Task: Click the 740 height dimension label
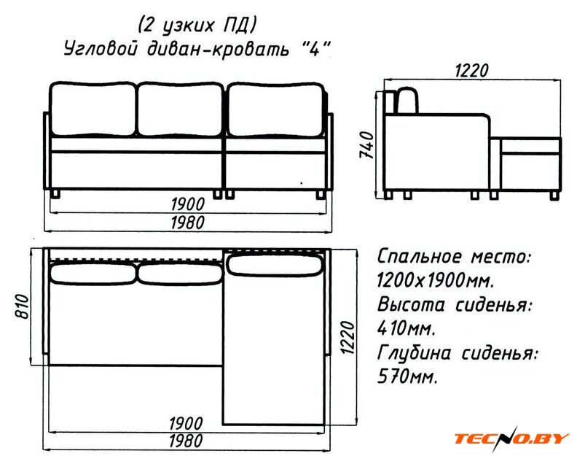(x=368, y=145)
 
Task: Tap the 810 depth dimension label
(x=22, y=306)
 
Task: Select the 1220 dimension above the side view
(x=472, y=71)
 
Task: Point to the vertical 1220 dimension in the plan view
(x=347, y=337)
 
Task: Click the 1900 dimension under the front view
(x=188, y=204)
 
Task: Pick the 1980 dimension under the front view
(x=188, y=223)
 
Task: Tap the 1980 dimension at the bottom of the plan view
(x=186, y=441)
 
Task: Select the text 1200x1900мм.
(x=436, y=281)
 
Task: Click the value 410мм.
(x=407, y=328)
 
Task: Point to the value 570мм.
(x=407, y=377)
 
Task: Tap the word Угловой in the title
(x=101, y=50)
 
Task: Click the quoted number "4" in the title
(x=313, y=48)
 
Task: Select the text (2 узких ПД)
(x=197, y=26)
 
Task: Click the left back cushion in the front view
(x=93, y=109)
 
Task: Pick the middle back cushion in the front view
(x=181, y=109)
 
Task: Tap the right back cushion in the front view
(x=276, y=110)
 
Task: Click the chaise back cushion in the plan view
(x=275, y=264)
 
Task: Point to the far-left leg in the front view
(x=55, y=194)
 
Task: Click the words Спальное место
(x=455, y=257)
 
